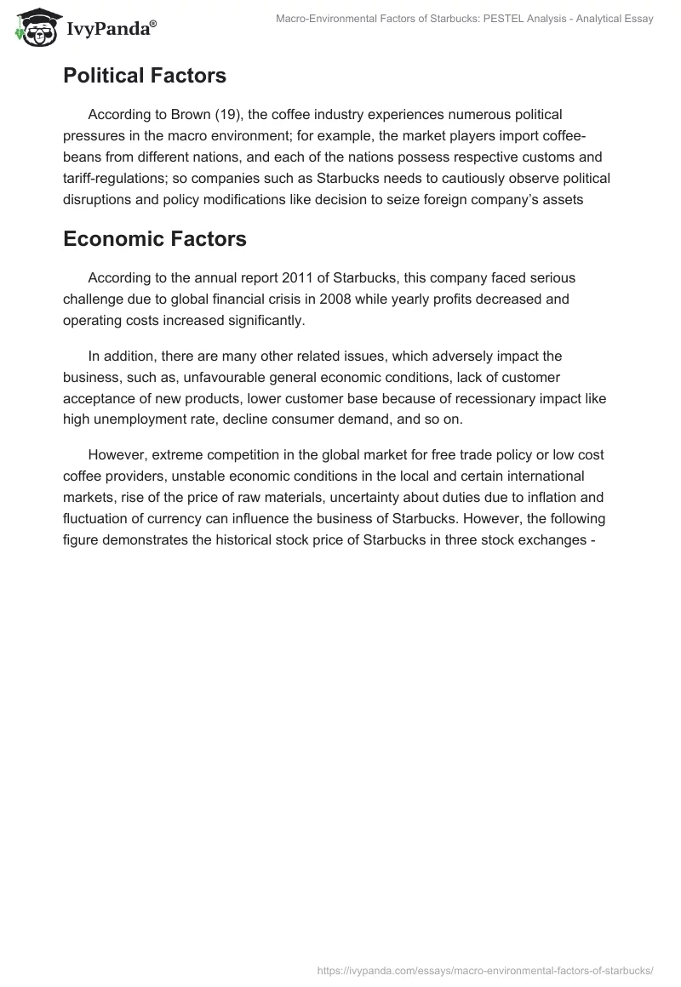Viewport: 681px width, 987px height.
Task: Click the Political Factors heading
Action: pyautogui.click(x=145, y=76)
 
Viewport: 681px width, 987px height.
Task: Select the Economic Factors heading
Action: pyautogui.click(x=155, y=239)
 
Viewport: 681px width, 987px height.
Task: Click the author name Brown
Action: pyautogui.click(x=188, y=113)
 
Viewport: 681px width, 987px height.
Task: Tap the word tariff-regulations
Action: pyautogui.click(x=118, y=179)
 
